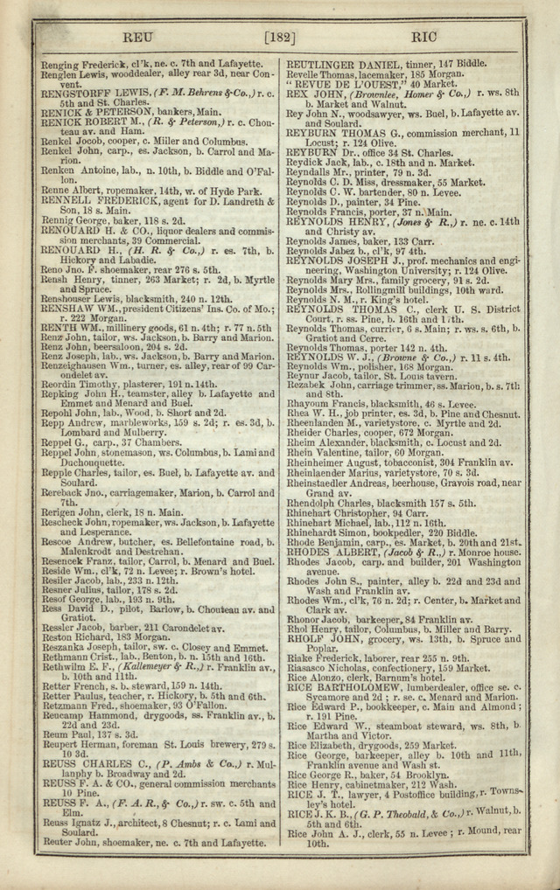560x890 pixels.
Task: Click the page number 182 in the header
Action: tap(280, 38)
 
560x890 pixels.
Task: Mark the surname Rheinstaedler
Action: tap(328, 482)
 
